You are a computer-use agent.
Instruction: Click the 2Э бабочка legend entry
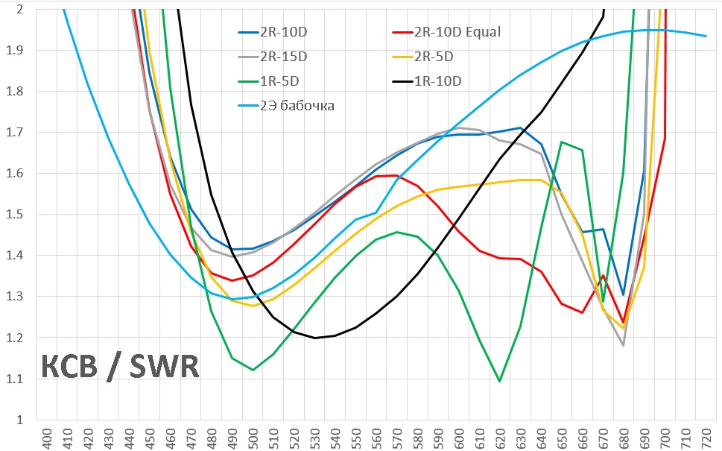(x=296, y=106)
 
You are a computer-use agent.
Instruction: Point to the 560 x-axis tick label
(x=375, y=437)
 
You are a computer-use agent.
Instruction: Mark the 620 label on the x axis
(x=496, y=437)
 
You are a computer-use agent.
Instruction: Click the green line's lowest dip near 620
(x=499, y=381)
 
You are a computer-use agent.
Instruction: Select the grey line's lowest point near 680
(x=623, y=345)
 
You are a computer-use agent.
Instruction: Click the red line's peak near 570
(x=395, y=175)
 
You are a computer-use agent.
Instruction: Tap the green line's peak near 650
(x=561, y=142)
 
